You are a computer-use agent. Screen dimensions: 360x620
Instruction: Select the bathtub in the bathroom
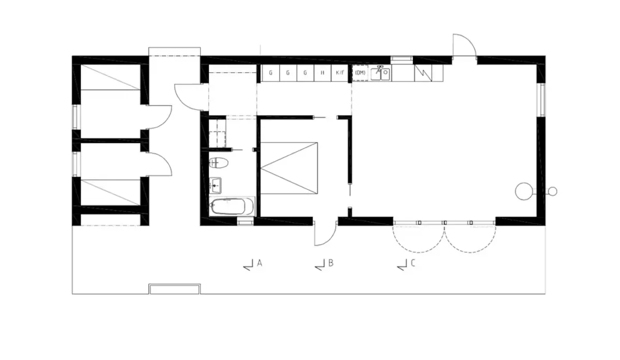[232, 207]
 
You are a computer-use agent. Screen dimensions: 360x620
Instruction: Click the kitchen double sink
[382, 74]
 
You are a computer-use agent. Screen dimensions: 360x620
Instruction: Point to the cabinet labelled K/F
[340, 73]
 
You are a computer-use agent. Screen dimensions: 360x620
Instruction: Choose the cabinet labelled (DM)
[360, 73]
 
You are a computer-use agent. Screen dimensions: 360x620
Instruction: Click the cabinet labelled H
[322, 73]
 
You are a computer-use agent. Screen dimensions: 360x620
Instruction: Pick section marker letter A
[260, 263]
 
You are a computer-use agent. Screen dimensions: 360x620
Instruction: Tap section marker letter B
[331, 263]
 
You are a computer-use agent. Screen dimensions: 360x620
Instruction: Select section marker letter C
[413, 263]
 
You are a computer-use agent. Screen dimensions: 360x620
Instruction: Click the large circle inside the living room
[523, 191]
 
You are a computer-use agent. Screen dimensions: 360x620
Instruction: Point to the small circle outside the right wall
[552, 192]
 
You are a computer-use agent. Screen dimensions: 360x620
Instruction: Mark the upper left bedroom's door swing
[161, 116]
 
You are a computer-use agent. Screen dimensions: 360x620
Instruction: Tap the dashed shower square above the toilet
[218, 133]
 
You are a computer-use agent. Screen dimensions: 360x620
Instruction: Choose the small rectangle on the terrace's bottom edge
[175, 289]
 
